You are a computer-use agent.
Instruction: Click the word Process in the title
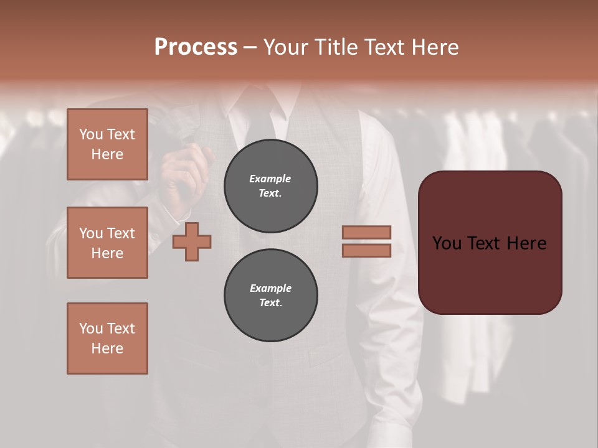[x=196, y=47]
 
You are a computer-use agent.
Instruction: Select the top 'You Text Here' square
[x=107, y=144]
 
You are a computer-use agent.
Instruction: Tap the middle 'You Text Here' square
[x=107, y=243]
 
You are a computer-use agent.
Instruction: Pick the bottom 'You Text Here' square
[x=107, y=338]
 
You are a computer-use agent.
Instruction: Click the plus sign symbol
[x=192, y=241]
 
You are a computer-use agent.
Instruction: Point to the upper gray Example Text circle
[x=270, y=186]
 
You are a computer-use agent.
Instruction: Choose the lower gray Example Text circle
[x=270, y=296]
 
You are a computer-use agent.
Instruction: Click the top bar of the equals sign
[x=367, y=232]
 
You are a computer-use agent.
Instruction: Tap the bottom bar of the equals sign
[x=367, y=250]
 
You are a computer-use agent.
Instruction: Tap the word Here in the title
[x=434, y=47]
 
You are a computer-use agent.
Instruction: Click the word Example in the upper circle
[x=270, y=179]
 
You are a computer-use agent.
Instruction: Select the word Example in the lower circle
[x=270, y=288]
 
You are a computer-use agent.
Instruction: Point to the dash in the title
[x=250, y=48]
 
